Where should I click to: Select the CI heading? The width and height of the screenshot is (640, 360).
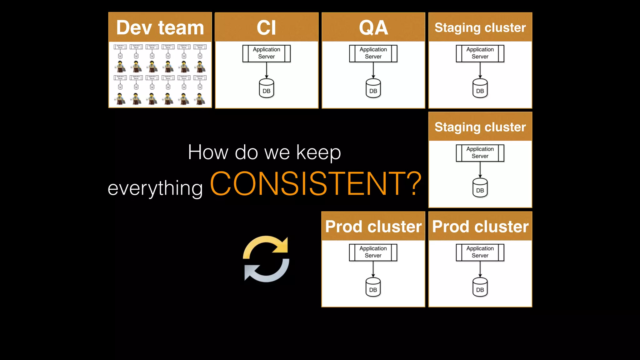click(x=266, y=27)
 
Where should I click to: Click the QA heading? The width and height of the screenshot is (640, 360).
click(x=373, y=27)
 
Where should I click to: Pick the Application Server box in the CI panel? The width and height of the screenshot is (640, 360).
click(x=266, y=53)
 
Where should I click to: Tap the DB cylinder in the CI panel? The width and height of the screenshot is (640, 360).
click(x=266, y=88)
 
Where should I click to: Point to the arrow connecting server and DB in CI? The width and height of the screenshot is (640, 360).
click(x=267, y=70)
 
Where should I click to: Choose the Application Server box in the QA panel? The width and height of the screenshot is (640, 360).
click(x=373, y=53)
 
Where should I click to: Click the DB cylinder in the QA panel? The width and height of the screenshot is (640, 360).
click(x=373, y=88)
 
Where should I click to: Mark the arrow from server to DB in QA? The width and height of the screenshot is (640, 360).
click(x=373, y=70)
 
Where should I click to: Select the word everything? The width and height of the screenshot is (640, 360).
click(x=155, y=188)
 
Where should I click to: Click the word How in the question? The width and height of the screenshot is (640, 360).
click(x=208, y=152)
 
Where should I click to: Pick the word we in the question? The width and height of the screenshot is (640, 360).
click(x=277, y=153)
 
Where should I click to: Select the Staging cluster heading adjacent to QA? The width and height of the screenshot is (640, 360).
click(x=480, y=27)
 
